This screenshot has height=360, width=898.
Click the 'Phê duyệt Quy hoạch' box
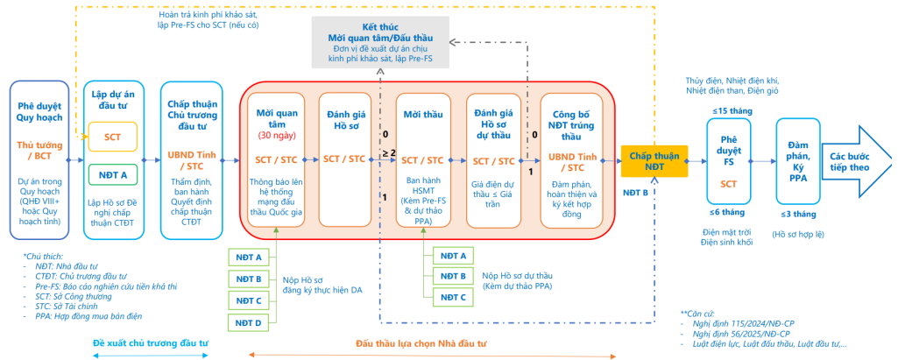(43, 159)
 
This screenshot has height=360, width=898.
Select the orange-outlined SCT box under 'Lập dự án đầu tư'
(113, 137)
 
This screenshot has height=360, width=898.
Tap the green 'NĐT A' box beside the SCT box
(113, 173)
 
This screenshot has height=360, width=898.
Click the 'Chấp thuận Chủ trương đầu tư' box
(193, 159)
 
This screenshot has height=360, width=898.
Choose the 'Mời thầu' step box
(423, 159)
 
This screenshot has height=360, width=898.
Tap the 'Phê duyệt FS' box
(729, 160)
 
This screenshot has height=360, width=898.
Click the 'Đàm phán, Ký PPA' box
(796, 161)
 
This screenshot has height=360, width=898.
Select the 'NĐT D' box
(247, 322)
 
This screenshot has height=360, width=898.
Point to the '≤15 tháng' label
(728, 109)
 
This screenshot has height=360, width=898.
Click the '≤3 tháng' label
(797, 215)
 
